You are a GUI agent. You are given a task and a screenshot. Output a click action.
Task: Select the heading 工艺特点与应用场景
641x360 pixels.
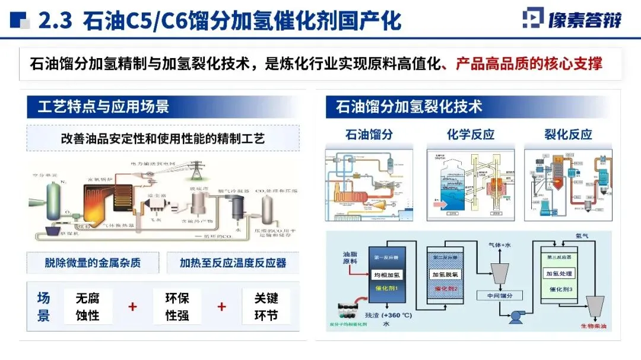click(x=103, y=107)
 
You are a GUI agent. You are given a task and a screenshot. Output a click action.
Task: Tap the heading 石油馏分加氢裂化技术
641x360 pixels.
click(x=409, y=107)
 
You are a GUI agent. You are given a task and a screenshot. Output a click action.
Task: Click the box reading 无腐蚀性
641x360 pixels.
click(x=87, y=307)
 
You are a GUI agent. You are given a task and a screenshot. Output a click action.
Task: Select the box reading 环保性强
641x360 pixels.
click(x=177, y=307)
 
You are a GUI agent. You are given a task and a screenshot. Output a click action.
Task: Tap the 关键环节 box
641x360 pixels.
click(x=266, y=307)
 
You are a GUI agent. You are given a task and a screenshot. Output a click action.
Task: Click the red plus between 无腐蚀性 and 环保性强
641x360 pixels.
click(x=132, y=307)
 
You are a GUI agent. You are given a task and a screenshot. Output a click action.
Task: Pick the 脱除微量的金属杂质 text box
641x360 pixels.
click(x=93, y=263)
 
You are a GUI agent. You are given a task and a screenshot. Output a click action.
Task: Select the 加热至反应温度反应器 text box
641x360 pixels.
click(x=233, y=263)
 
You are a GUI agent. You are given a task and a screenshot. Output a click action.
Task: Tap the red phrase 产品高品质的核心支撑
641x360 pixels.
click(x=529, y=64)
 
